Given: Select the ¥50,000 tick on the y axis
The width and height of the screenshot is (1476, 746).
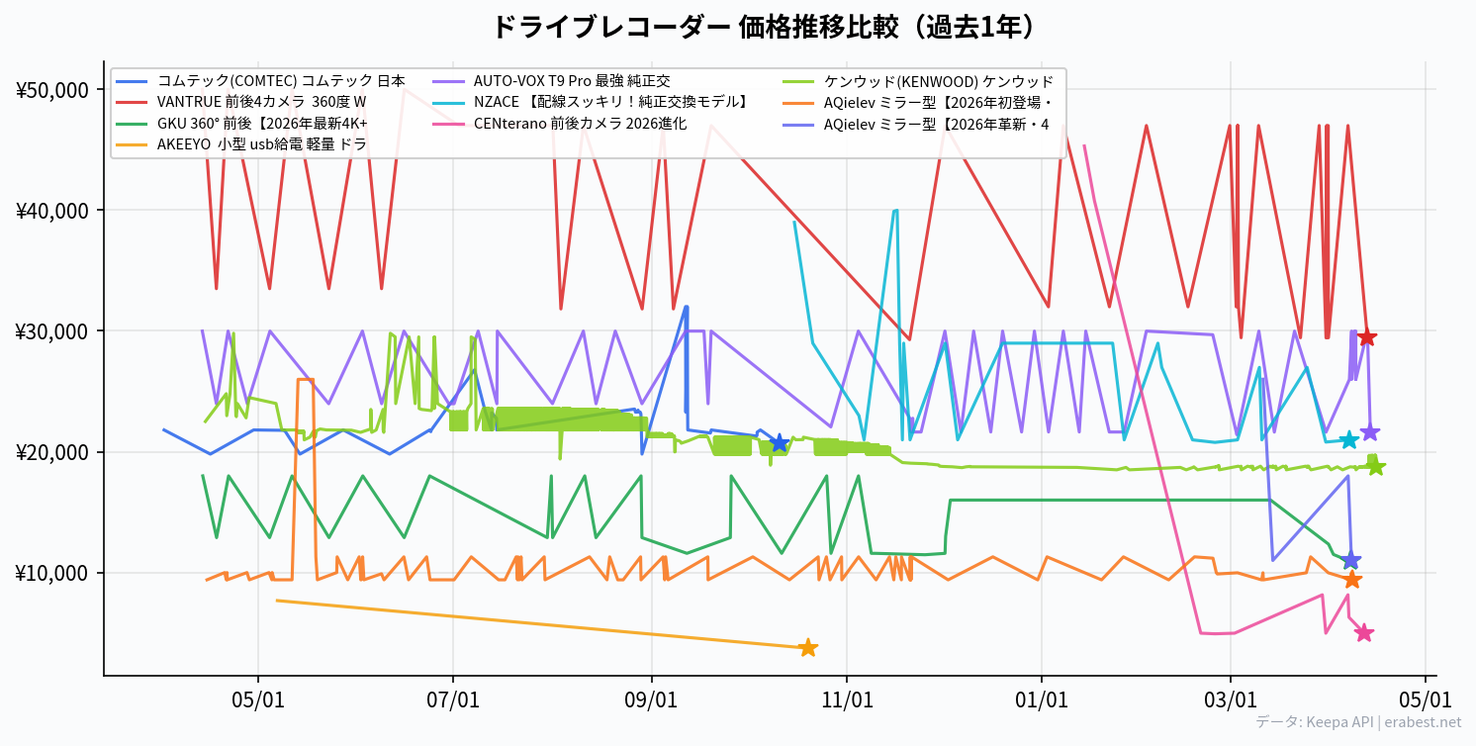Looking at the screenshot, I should tap(52, 90).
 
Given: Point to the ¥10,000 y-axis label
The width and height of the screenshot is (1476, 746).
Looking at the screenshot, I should tap(52, 574).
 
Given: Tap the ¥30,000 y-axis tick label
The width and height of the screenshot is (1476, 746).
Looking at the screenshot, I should tap(52, 331).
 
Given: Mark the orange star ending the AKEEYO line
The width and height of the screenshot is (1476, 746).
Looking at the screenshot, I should tap(807, 648).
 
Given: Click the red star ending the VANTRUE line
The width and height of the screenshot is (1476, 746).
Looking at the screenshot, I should tap(1366, 338).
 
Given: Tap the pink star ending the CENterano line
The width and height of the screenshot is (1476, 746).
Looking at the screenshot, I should tap(1363, 633).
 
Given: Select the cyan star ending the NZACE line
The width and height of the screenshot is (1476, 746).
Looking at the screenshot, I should tap(1348, 440).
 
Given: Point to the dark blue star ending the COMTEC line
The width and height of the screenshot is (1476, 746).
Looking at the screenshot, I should tap(780, 443).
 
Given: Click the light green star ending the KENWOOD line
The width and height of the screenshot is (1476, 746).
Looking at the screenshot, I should tap(1376, 467).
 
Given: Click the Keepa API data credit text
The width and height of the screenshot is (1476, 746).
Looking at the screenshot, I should tap(1357, 723).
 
